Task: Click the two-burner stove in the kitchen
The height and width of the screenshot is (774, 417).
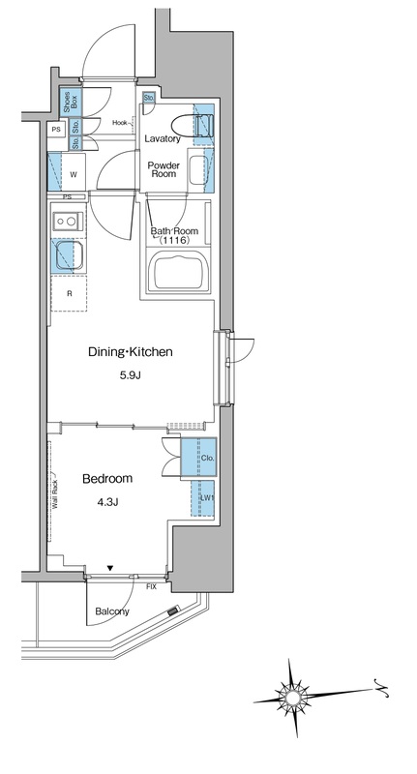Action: click(67, 221)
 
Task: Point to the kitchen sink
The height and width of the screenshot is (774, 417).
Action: click(66, 255)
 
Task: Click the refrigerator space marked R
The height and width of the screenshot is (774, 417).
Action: click(69, 293)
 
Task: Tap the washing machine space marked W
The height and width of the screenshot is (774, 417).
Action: click(73, 173)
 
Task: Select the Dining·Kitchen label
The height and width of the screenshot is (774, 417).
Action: click(131, 352)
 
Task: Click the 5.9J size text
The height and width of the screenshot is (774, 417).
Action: click(130, 376)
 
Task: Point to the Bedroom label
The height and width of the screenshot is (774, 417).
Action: click(107, 478)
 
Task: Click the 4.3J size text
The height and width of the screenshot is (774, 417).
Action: click(107, 502)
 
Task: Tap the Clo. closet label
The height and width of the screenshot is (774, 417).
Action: click(208, 458)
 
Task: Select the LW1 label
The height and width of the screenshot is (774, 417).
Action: click(207, 498)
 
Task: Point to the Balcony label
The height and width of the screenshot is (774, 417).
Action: click(112, 611)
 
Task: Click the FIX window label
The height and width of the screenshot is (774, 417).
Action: click(151, 587)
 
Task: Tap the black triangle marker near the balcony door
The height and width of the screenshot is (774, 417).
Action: click(110, 569)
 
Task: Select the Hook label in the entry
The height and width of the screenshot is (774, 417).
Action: click(120, 122)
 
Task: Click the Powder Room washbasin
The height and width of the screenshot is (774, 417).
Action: click(197, 170)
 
